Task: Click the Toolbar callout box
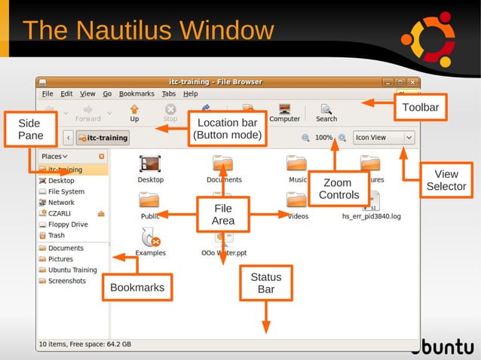pos(420,107)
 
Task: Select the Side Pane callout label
pos(29,129)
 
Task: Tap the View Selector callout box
pos(446,180)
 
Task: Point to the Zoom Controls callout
pos(337,188)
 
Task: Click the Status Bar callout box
pos(265,283)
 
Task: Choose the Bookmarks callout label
pos(137,287)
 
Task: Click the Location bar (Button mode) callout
pos(227,129)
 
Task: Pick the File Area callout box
pos(223,215)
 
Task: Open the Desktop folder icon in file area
pos(151,163)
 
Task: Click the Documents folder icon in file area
pos(224,163)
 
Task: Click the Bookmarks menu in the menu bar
pos(136,94)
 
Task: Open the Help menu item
pos(191,94)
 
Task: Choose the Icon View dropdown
pos(384,138)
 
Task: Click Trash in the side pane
pos(57,235)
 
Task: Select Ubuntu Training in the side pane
pos(72,270)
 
